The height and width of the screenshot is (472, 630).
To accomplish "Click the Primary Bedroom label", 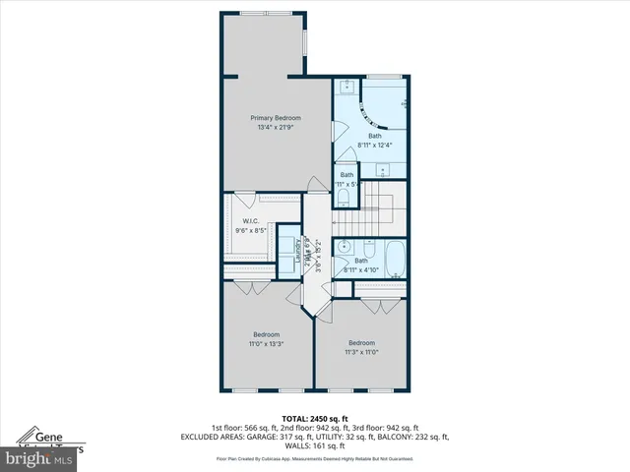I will pos(275,118).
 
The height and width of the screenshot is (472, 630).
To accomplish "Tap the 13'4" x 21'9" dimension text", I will pos(275,127).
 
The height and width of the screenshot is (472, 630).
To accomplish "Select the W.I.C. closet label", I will pos(250,221).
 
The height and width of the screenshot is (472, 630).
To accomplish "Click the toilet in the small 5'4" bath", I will pos(342,199).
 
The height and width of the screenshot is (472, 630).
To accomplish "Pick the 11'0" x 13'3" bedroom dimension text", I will pos(265,343).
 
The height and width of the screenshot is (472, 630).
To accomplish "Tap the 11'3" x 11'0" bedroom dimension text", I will pos(360,351).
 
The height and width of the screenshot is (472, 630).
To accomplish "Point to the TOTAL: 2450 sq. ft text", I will pos(314,418).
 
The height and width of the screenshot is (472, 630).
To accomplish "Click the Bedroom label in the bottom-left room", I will pos(265,334).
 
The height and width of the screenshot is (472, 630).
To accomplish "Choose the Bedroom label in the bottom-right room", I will pos(360,342).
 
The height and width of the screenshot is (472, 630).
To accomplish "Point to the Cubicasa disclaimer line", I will pos(314,458).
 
